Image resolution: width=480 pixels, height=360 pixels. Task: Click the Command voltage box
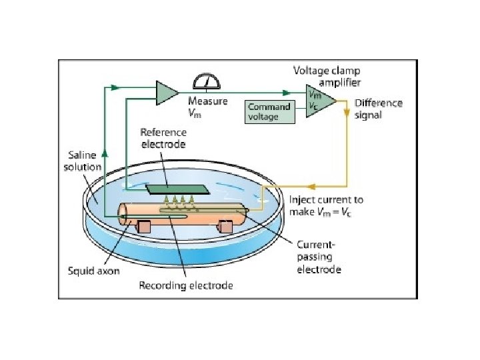(271, 111)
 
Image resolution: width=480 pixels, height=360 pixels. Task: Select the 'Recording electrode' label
(185, 286)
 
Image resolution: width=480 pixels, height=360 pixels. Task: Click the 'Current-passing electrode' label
(319, 257)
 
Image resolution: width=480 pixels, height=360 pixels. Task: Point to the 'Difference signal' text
(378, 109)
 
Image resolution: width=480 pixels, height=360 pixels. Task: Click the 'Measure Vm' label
(207, 107)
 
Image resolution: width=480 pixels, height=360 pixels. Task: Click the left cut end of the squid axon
(123, 213)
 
